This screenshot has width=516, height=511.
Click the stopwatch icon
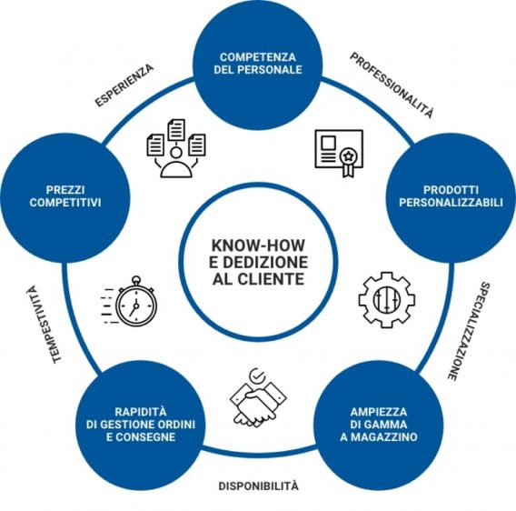pos(130,302)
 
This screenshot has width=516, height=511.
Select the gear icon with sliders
pos(387,300)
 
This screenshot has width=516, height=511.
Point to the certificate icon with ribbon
pos(339,153)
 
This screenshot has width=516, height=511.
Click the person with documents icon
pos(176,148)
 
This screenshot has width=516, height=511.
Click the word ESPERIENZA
pos(124,85)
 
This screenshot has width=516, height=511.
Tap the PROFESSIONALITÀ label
pos(392,85)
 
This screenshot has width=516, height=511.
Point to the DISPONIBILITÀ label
pos(259,486)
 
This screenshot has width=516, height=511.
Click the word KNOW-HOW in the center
pos(258,245)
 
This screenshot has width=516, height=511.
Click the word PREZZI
pos(65,190)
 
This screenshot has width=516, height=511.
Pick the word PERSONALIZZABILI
pos(451,202)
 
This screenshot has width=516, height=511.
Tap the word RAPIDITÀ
pos(141,412)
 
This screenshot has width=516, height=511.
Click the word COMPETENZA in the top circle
pos(258,57)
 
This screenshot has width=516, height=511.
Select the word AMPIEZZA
pos(379,412)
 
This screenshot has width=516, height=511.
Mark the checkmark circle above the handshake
pos(257,376)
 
